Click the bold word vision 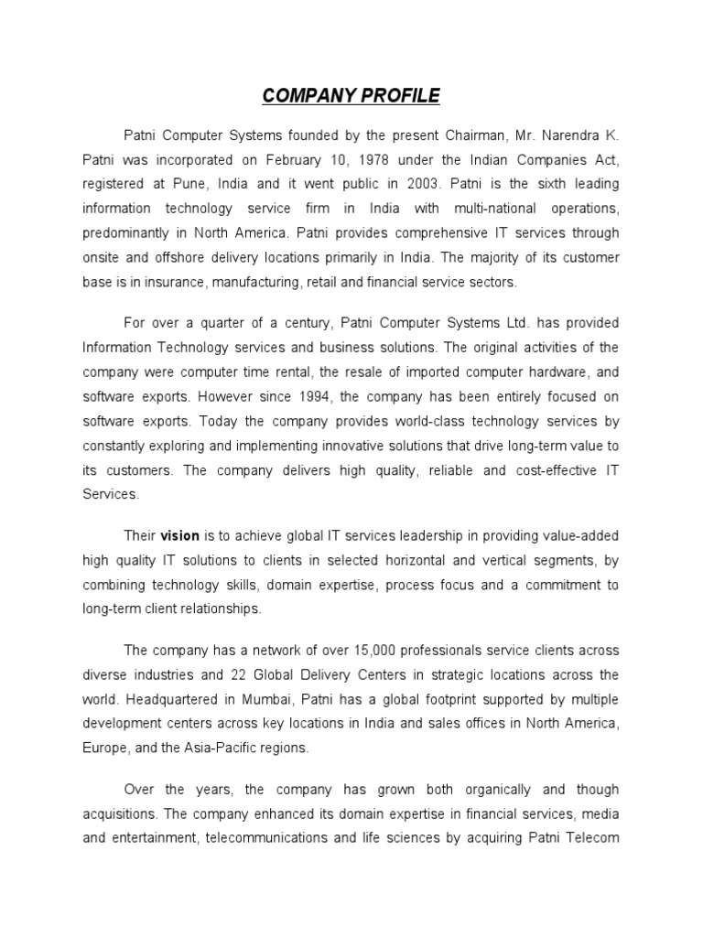pyautogui.click(x=180, y=536)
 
